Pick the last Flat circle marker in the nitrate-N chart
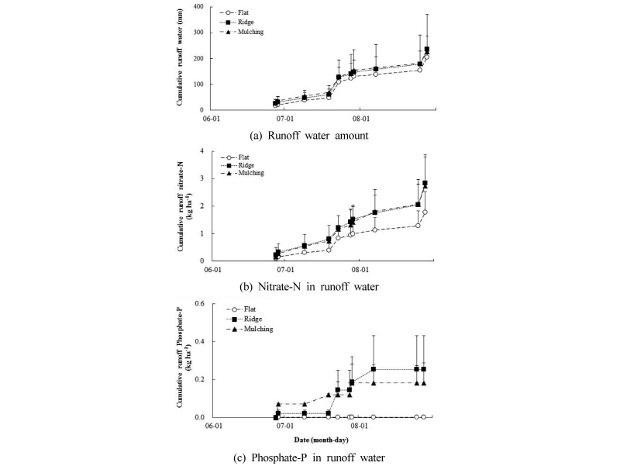(425, 212)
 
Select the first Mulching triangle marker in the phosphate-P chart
(278, 404)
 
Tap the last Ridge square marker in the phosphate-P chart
(423, 369)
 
